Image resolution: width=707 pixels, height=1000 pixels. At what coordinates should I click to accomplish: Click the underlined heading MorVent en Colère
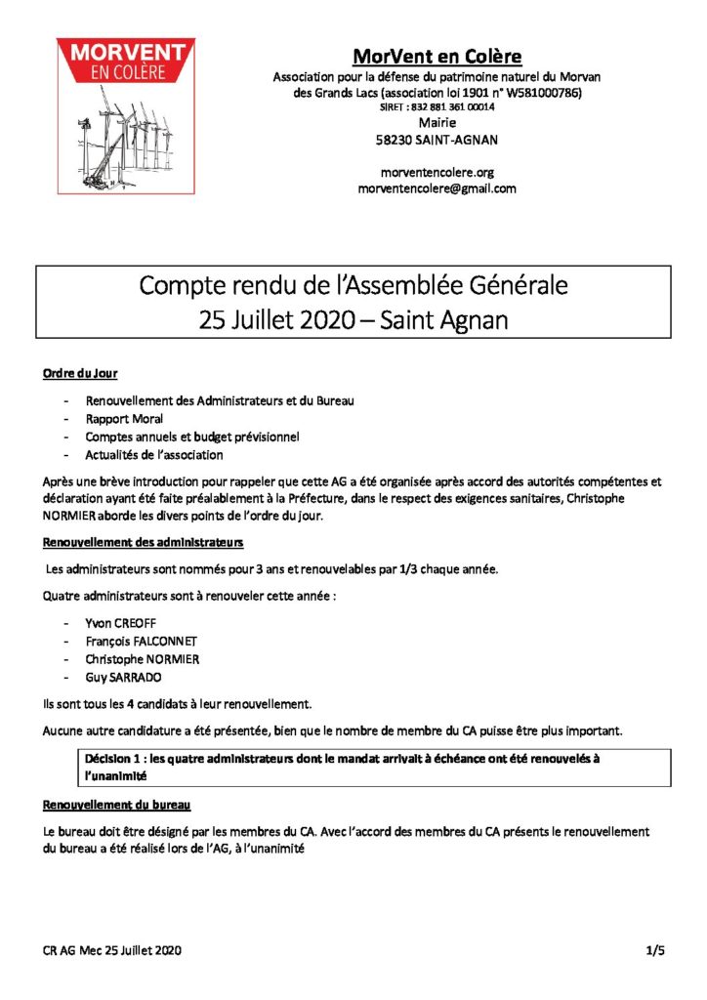(x=437, y=56)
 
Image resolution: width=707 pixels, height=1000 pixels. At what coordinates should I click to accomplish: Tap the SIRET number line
(x=437, y=107)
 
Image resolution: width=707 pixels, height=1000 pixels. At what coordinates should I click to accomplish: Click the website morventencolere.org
(x=437, y=172)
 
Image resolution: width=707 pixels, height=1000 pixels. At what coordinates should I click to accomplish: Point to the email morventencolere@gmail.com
(x=437, y=188)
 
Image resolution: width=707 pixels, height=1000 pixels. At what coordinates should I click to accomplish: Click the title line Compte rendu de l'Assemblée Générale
(x=353, y=286)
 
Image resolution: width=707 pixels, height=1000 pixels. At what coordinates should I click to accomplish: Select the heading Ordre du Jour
(x=81, y=375)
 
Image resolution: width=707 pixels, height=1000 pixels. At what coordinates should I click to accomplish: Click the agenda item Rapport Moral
(x=124, y=419)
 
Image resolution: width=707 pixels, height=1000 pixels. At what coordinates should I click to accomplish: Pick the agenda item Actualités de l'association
(x=154, y=454)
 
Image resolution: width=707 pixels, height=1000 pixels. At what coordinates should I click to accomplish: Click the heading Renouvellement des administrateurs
(x=144, y=542)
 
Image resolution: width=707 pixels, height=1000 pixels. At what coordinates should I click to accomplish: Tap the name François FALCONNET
(x=141, y=641)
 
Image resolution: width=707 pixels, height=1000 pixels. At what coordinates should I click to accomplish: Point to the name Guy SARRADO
(x=123, y=676)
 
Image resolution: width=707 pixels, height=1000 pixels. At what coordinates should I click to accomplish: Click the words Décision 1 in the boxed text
(x=116, y=758)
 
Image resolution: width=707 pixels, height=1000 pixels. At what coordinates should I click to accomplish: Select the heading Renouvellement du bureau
(x=117, y=805)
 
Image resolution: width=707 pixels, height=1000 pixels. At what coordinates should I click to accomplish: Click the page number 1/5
(x=654, y=949)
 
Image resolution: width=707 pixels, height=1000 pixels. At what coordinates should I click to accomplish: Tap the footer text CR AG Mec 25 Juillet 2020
(x=112, y=949)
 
